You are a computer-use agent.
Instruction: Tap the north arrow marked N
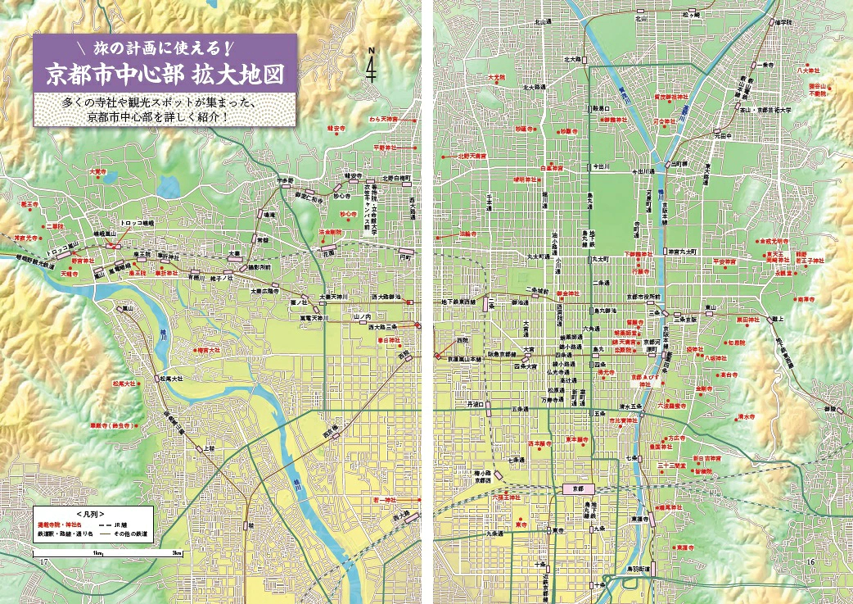tap(372, 66)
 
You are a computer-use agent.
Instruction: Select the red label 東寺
tap(518, 525)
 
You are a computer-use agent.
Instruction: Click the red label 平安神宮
tap(724, 261)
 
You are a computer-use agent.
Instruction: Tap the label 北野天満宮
tap(472, 155)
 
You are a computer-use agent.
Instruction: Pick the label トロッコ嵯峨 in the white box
tap(138, 222)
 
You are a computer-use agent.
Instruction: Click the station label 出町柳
tap(679, 164)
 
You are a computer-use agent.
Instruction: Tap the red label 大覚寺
tap(97, 171)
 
